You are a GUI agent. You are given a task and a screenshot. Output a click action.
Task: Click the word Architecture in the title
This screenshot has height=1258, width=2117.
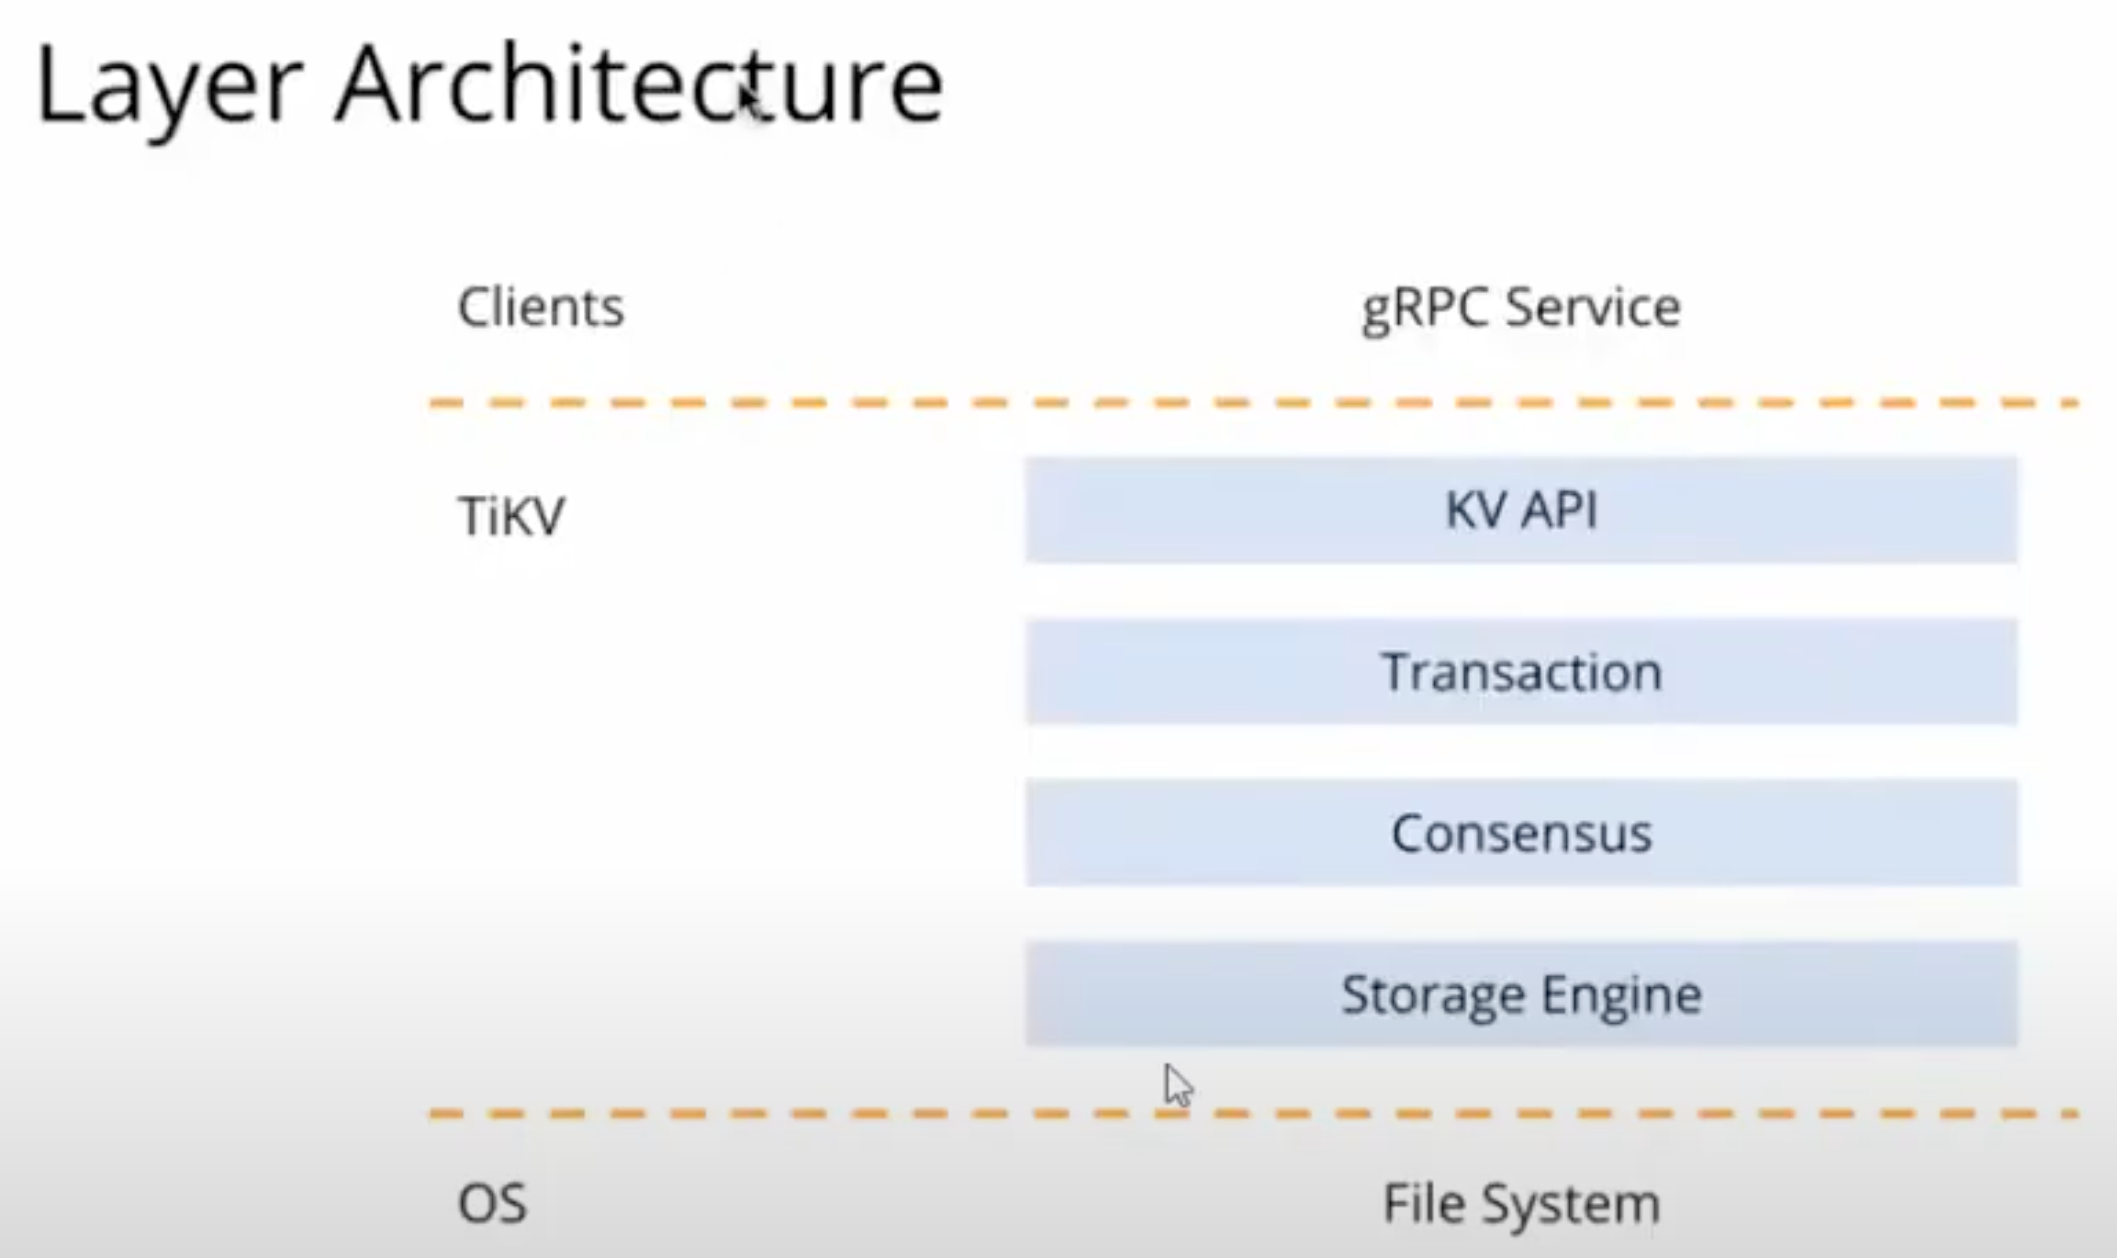pos(639,85)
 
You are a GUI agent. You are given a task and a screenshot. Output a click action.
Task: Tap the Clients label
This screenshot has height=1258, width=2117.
pos(541,307)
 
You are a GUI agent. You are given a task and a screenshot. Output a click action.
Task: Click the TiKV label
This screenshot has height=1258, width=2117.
pos(510,515)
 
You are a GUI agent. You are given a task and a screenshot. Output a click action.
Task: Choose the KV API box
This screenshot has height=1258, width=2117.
pos(1521,510)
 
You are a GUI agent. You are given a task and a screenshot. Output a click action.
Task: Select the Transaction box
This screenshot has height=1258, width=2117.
pos(1521,672)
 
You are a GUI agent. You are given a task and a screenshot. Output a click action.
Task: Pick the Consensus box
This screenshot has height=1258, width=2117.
pos(1521,833)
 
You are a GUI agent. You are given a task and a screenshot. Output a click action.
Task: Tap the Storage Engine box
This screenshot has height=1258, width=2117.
pos(1521,994)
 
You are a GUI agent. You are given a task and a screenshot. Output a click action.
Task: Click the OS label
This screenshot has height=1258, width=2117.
pos(492,1203)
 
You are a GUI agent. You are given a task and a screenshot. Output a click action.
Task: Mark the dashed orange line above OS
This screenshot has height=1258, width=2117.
pos(918,1114)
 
